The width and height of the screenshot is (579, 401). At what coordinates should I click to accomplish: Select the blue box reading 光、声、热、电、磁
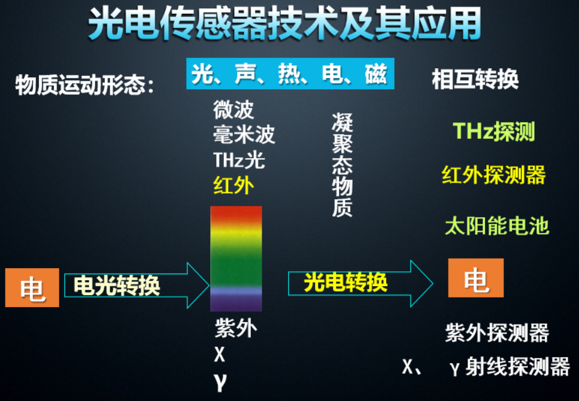click(x=290, y=74)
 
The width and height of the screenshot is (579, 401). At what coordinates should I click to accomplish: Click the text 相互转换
click(x=475, y=80)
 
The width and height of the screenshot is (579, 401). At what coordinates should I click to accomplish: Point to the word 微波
click(x=234, y=110)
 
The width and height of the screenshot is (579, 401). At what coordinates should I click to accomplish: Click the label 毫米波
click(x=244, y=135)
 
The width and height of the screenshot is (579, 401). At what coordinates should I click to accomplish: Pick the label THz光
click(x=239, y=160)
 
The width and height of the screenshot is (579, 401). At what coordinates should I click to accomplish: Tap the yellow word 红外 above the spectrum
click(x=234, y=186)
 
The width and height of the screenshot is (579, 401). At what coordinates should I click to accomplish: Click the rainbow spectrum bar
click(x=236, y=257)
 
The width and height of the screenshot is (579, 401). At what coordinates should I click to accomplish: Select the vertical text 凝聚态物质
click(x=342, y=165)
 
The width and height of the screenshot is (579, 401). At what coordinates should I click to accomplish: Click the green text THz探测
click(x=493, y=132)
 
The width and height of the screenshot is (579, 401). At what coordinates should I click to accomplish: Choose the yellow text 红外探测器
click(x=494, y=175)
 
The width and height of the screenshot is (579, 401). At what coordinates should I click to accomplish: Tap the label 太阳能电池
click(x=497, y=226)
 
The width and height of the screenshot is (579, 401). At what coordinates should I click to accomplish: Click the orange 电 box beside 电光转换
click(x=32, y=288)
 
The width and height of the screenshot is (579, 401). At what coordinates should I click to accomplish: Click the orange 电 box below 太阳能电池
click(x=476, y=278)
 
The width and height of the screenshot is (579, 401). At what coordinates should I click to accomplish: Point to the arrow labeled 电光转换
click(x=132, y=285)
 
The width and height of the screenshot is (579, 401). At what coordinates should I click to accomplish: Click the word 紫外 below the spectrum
click(x=235, y=329)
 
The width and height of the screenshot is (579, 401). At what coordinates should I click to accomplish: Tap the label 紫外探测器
click(x=497, y=332)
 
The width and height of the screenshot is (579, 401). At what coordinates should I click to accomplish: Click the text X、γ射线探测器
click(x=486, y=366)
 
